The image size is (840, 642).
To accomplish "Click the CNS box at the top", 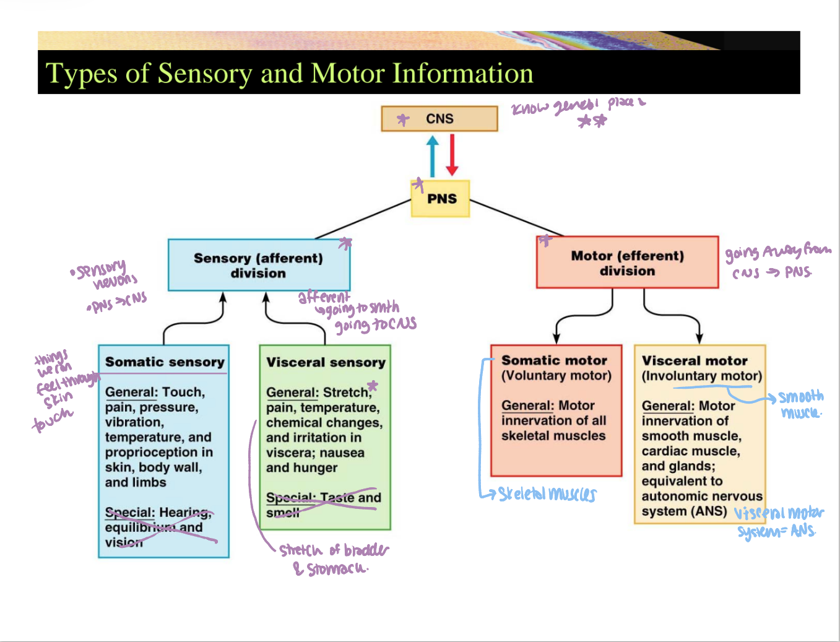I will (439, 119).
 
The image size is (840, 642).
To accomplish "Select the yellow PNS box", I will (441, 199).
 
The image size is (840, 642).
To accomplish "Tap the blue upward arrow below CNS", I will (433, 157).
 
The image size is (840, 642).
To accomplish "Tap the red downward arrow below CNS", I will (452, 155).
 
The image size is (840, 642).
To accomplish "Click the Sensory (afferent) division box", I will (259, 266).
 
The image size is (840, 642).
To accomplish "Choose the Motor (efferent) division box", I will (627, 263).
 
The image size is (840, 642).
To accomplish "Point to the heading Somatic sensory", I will (165, 362).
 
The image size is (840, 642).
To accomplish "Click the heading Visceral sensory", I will (326, 363).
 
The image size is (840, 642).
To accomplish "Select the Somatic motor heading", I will (554, 360).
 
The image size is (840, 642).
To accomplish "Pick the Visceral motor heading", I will (695, 361).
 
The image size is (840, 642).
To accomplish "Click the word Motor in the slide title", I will (348, 74).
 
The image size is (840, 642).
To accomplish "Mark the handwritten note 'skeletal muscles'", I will (547, 494).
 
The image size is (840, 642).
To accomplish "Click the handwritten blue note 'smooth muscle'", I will (801, 404).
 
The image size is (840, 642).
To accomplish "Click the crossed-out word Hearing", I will (184, 513).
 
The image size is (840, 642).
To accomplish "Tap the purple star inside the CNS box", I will (403, 119).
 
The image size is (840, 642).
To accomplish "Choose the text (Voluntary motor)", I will (556, 376).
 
